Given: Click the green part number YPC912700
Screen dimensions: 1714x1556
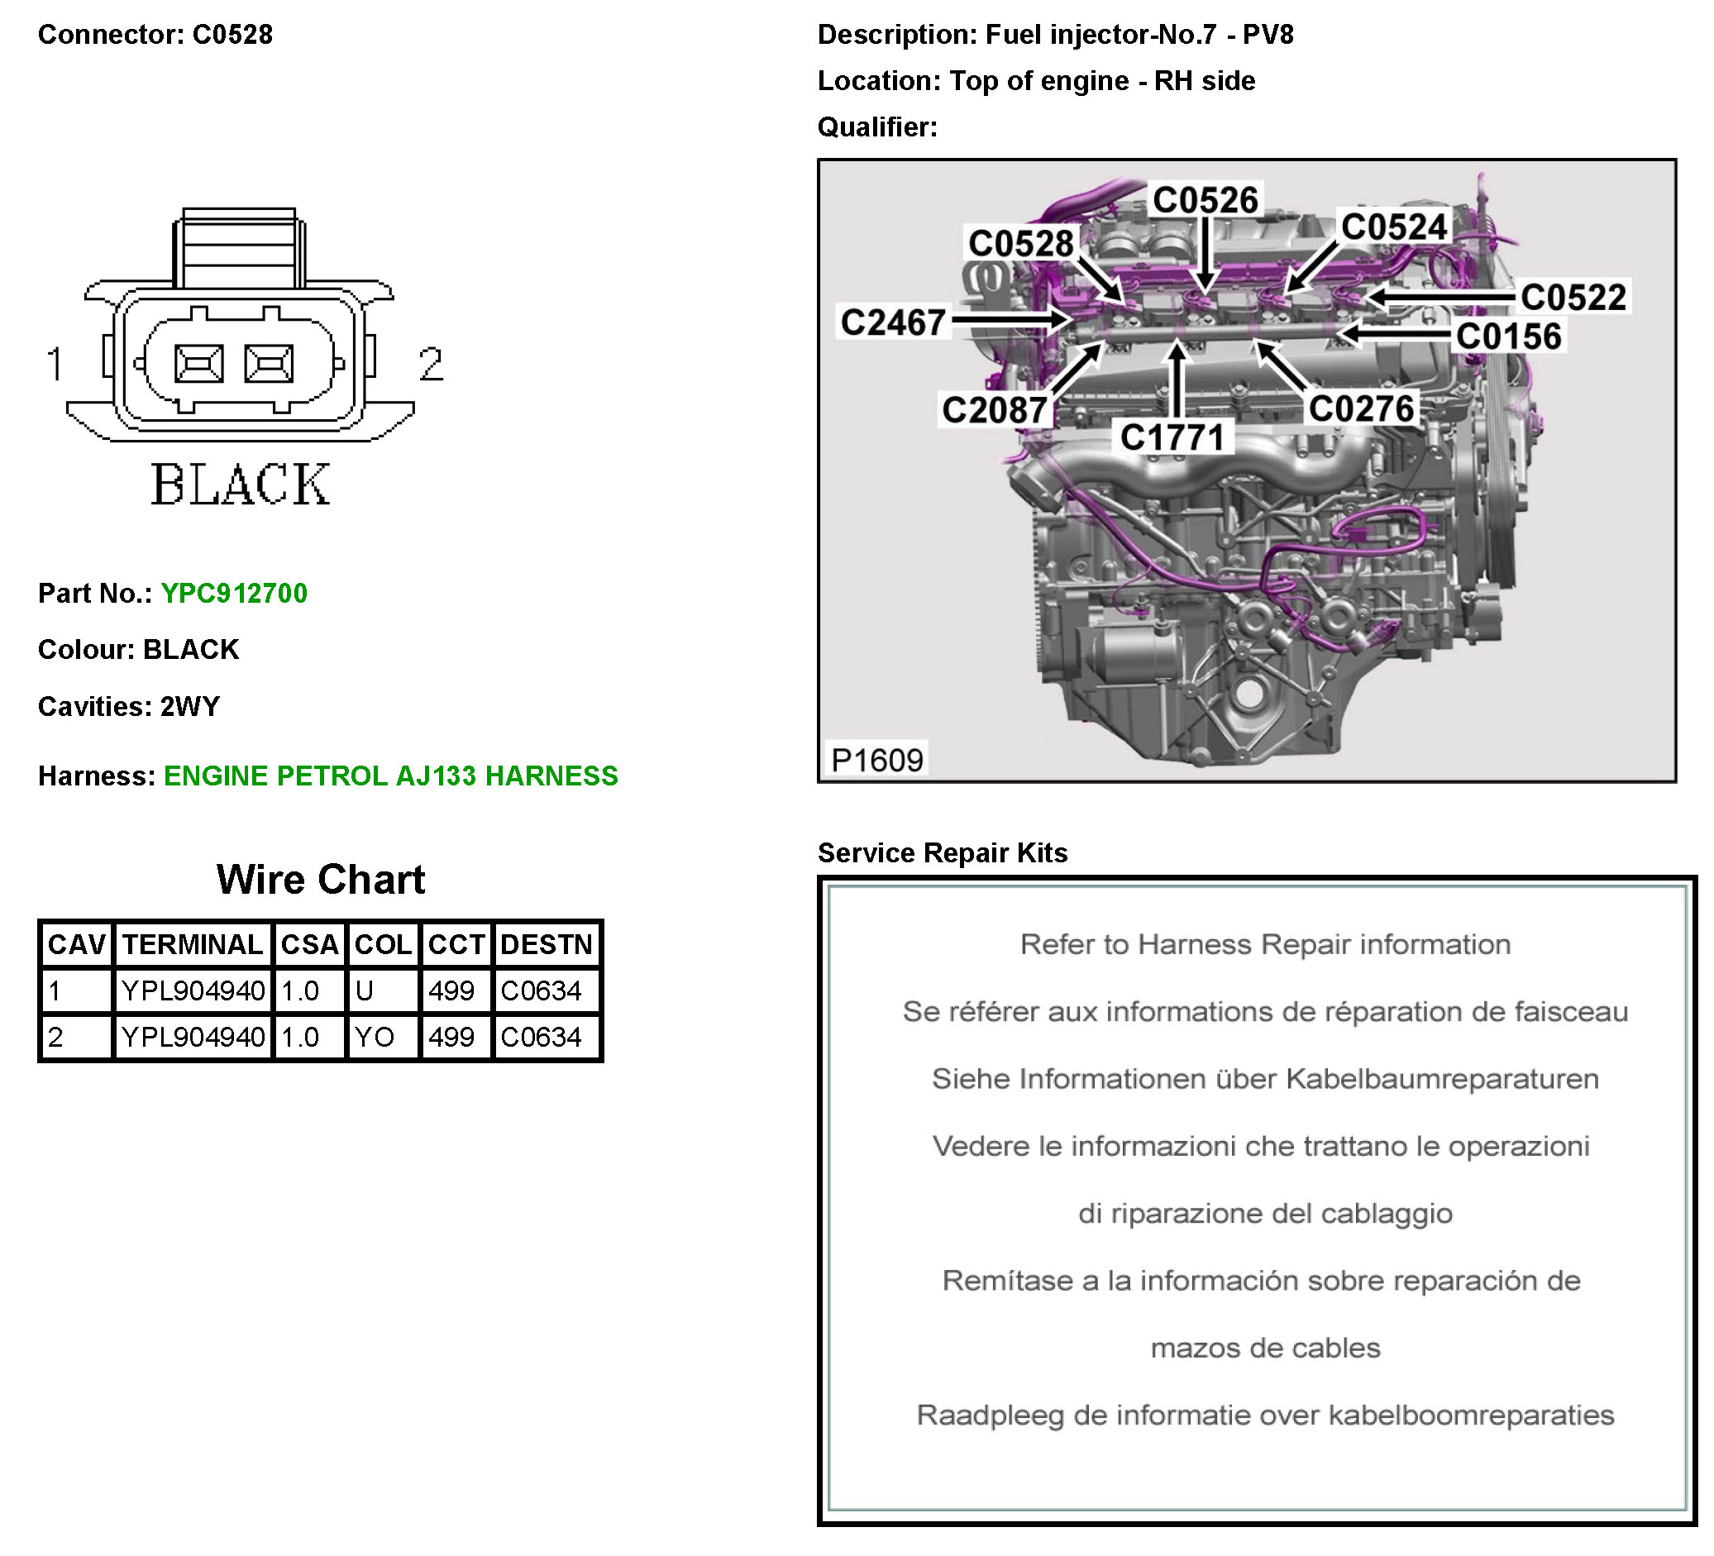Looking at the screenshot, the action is [x=234, y=594].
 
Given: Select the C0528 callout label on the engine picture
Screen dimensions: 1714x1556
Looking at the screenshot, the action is [x=1020, y=244].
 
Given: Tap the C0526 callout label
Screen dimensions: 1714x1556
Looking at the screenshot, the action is [x=1205, y=201].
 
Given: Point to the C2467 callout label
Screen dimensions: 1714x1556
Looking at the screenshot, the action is [x=893, y=323].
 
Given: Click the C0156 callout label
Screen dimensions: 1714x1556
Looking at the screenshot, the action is [x=1508, y=336].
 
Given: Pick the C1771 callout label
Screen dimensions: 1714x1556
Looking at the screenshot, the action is [x=1172, y=438].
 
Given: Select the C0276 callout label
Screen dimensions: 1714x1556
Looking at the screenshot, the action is [x=1361, y=409].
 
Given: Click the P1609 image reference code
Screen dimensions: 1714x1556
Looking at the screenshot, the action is [x=876, y=760].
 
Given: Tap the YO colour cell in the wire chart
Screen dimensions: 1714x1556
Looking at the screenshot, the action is [x=374, y=1038].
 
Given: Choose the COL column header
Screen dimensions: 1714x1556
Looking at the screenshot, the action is [x=383, y=945].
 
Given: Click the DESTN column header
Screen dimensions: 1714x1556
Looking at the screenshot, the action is [x=546, y=945].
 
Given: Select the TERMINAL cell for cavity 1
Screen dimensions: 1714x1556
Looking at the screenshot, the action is [x=193, y=991].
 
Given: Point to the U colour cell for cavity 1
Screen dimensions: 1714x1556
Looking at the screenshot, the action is [x=365, y=991].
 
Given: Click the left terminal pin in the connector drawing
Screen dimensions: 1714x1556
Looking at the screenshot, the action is [x=199, y=363].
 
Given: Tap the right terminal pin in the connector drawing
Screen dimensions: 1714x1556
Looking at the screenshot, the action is [x=270, y=363].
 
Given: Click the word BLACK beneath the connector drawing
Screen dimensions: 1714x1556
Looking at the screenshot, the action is [x=241, y=485].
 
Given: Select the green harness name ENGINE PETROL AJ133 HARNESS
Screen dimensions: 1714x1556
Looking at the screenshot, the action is [x=390, y=776].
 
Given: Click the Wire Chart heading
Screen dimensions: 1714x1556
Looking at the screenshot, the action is [x=321, y=880].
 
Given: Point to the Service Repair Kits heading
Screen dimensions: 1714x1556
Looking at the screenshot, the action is [x=942, y=853].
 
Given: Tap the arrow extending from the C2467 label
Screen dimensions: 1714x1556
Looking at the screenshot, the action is [x=1012, y=320].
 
